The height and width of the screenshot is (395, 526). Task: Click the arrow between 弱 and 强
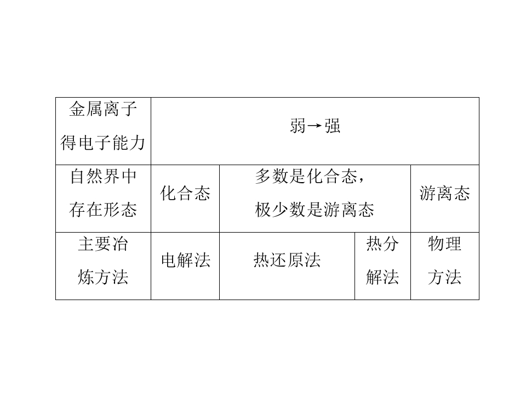click(315, 126)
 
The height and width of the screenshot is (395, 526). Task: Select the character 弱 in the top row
click(298, 126)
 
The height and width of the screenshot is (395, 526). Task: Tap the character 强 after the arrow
click(332, 126)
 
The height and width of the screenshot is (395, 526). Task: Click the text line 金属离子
click(103, 109)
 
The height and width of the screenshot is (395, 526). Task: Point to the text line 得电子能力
click(103, 143)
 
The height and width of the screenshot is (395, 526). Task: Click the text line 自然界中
click(103, 176)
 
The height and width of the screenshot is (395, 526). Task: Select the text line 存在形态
click(103, 210)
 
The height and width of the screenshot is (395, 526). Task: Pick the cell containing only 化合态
click(185, 199)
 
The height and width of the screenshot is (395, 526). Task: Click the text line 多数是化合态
click(306, 176)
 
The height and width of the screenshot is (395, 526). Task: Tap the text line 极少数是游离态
click(315, 210)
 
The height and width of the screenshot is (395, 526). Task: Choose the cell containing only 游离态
click(445, 199)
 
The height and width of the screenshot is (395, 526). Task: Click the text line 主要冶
click(103, 244)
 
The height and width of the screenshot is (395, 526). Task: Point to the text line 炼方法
click(103, 278)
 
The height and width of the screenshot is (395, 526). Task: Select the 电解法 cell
click(185, 266)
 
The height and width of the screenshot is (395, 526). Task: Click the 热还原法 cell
click(287, 266)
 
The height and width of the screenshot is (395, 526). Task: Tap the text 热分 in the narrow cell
click(382, 244)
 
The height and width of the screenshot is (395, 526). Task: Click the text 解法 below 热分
click(382, 278)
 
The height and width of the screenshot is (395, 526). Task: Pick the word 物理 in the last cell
click(445, 244)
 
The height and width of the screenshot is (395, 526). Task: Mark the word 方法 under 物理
click(445, 278)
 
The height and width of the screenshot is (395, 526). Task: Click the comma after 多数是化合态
click(361, 180)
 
